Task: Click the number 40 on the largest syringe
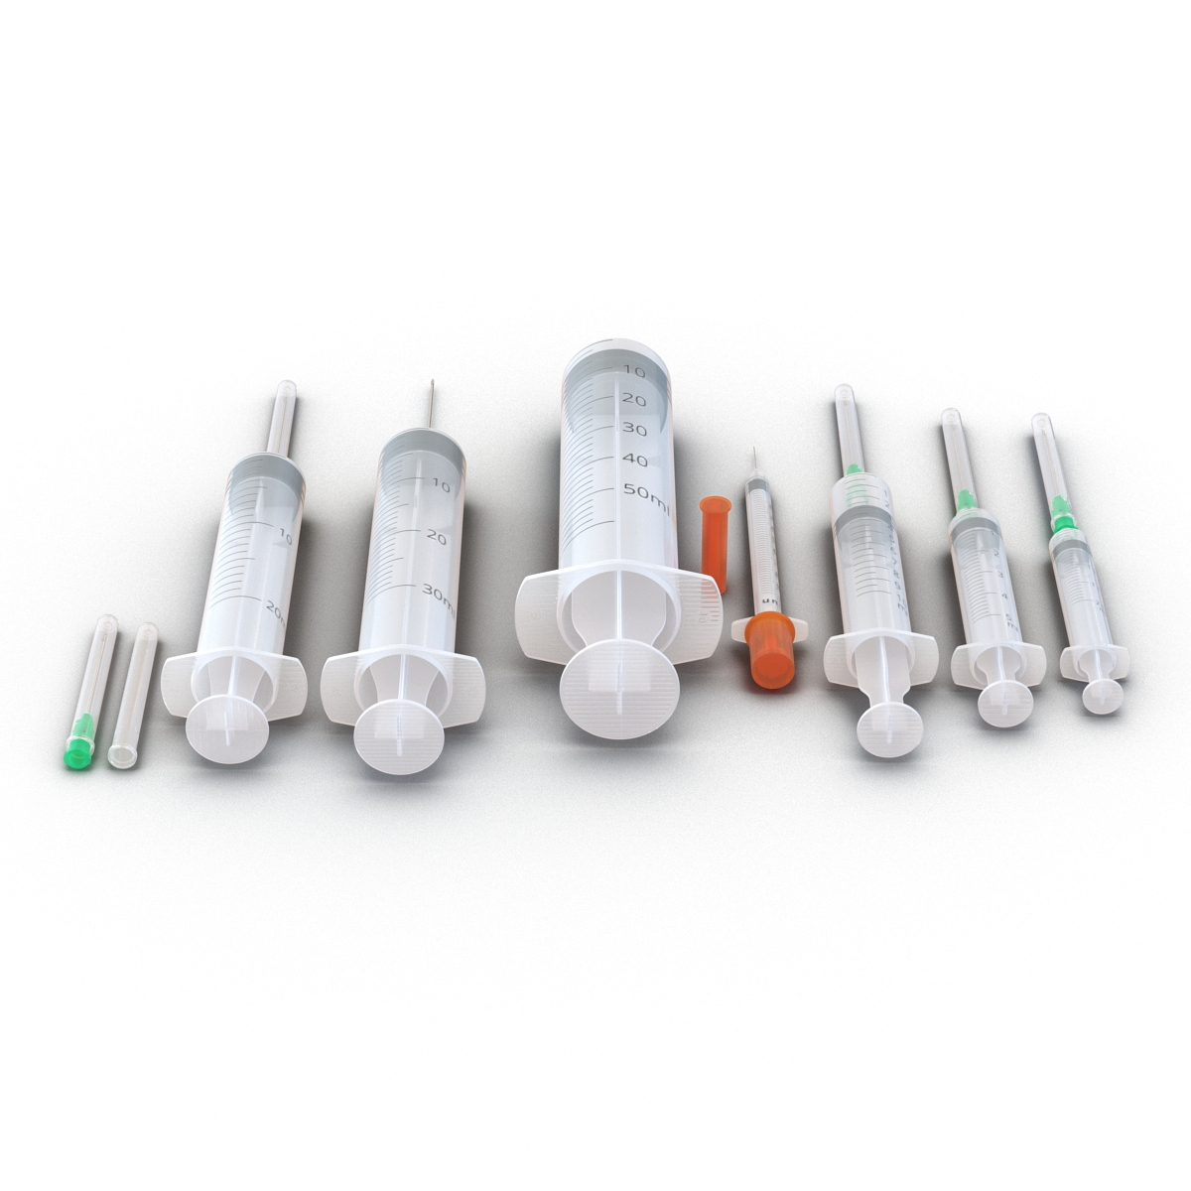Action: [635, 461]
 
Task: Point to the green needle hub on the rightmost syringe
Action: [1062, 520]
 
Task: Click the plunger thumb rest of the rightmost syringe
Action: [1103, 695]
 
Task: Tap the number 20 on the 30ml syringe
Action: [436, 536]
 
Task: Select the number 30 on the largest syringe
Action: [633, 430]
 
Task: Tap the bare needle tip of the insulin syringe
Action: [754, 459]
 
